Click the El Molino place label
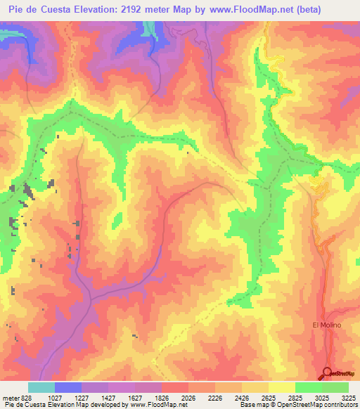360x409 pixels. pyautogui.click(x=326, y=325)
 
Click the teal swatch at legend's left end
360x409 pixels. pyautogui.click(x=41, y=387)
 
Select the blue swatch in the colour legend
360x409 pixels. pyautogui.click(x=68, y=387)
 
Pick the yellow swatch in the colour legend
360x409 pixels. pyautogui.click(x=281, y=387)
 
